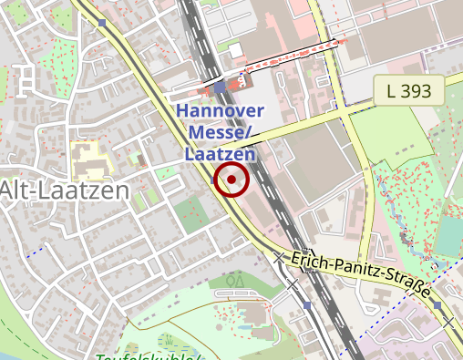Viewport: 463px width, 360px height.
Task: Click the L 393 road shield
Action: click(408, 90)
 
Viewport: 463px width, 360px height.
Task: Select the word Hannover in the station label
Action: click(221, 111)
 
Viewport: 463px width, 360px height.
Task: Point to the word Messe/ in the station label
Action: click(221, 133)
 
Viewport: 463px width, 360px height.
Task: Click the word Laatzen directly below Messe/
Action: click(220, 154)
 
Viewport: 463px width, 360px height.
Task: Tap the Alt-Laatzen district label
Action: click(64, 190)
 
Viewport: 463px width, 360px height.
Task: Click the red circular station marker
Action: click(231, 180)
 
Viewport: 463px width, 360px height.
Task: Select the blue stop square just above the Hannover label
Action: click(220, 87)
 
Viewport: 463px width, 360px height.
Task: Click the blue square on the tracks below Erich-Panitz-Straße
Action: click(307, 307)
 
